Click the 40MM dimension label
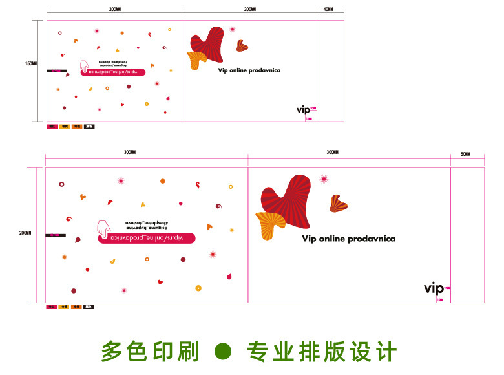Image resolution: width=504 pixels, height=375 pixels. coord(328,10)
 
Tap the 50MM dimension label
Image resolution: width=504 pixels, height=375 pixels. coord(465,154)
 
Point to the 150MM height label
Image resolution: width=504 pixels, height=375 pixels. coord(30,63)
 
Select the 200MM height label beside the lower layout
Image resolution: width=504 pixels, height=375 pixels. coord(25,233)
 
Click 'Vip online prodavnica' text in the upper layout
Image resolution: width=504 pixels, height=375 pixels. coord(249,70)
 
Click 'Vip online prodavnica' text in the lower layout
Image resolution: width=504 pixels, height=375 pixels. coord(348,239)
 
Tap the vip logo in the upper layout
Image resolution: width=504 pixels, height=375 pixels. coord(303,110)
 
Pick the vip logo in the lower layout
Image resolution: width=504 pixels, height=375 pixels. coord(434,288)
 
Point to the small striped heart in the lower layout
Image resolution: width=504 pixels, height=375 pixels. coord(338,204)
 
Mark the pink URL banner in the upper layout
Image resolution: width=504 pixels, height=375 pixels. coord(116,72)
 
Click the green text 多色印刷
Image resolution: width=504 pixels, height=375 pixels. coord(150,352)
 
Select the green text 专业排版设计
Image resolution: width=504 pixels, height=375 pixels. coord(322,352)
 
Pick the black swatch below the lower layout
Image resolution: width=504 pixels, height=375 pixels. coord(89,306)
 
